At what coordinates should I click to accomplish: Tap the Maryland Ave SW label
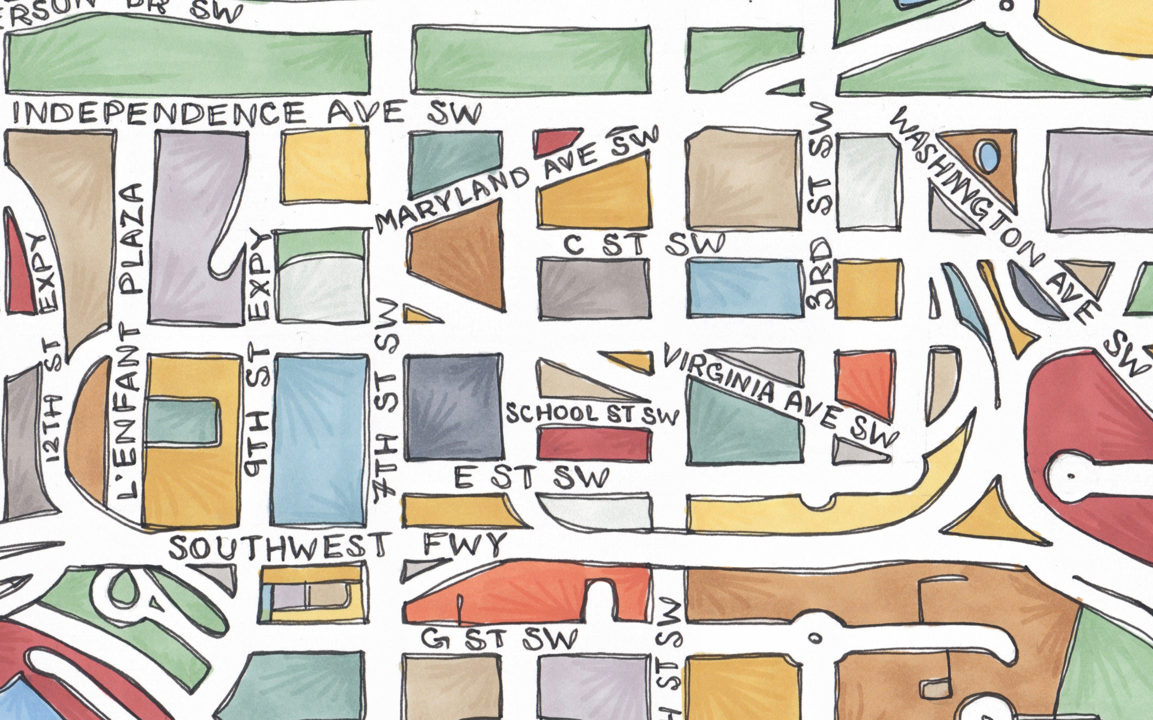click(x=517, y=181)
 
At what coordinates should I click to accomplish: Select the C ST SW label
click(x=643, y=244)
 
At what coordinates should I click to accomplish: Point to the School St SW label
click(x=591, y=414)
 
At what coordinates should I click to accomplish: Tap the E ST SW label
click(x=531, y=478)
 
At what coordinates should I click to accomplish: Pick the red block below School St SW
click(x=594, y=444)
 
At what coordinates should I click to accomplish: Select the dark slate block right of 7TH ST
click(x=453, y=407)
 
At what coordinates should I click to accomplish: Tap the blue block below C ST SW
click(x=745, y=288)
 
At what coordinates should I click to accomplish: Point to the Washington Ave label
click(x=993, y=214)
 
